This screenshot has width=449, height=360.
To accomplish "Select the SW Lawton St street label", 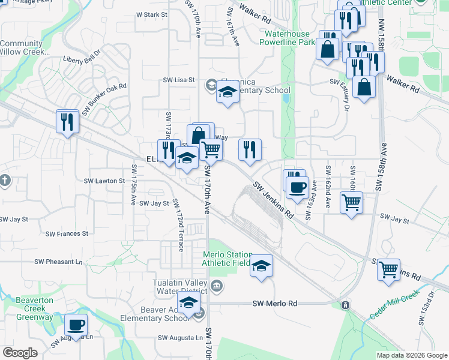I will [104, 181].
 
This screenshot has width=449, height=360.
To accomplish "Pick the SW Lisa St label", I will [179, 80].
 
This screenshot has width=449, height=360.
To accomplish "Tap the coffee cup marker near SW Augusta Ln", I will [76, 325].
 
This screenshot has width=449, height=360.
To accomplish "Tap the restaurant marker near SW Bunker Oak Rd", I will [66, 122].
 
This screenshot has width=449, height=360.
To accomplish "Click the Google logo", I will [20, 353].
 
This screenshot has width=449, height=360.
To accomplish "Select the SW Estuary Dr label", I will [346, 97].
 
